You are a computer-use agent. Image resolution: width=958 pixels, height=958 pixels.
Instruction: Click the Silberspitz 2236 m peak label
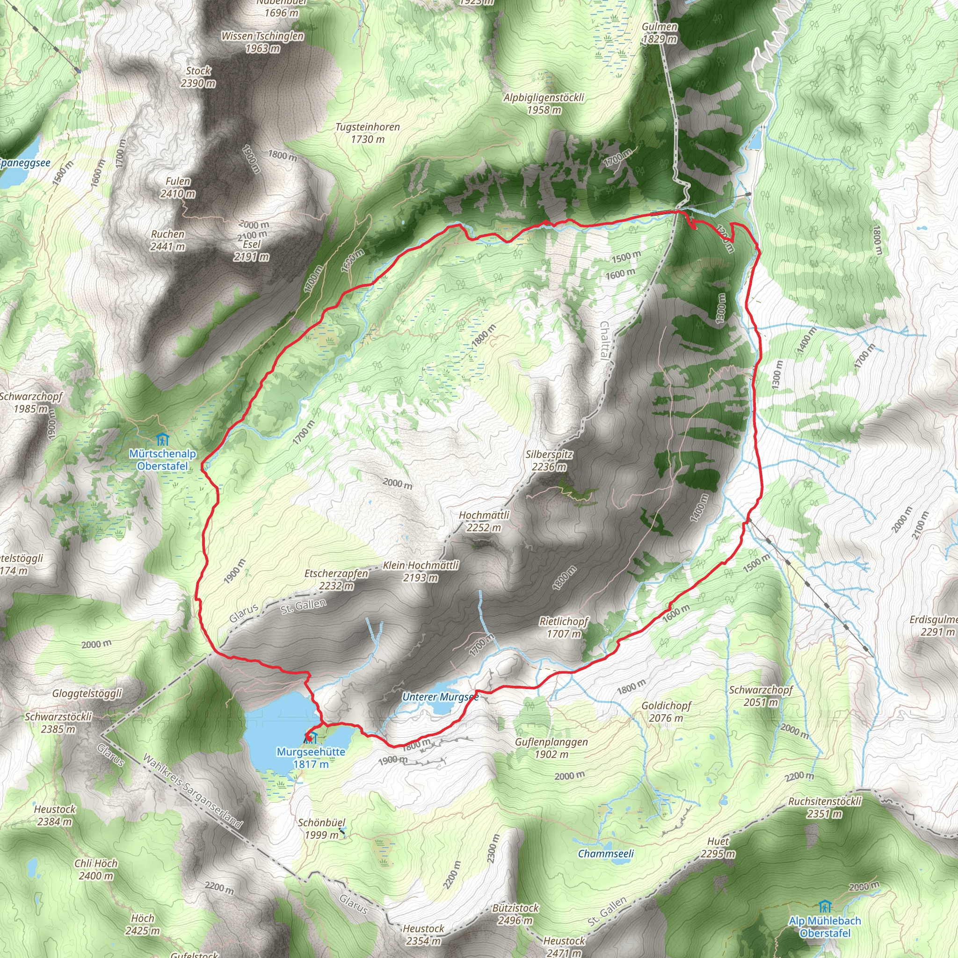pos(549,460)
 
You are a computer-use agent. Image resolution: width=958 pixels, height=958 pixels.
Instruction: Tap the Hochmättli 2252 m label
pos(484,521)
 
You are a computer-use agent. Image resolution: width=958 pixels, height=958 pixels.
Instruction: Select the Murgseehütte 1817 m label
pos(311,758)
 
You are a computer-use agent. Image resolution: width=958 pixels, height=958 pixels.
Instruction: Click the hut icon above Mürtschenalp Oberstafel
pos(162,439)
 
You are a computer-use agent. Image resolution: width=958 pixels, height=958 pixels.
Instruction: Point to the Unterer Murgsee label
pos(440,697)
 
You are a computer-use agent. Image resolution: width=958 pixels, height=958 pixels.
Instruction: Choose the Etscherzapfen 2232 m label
pos(336,579)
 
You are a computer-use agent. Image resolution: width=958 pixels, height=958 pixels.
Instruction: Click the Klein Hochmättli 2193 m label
pos(421,571)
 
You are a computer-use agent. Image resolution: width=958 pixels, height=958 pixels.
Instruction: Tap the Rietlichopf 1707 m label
pos(564,627)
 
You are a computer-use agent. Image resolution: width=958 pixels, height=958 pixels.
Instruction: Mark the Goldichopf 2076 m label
pos(666,711)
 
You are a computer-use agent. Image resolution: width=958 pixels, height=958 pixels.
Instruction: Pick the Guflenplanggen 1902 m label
pos(552,748)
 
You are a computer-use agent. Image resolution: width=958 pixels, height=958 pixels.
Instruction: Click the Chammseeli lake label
pos(606,853)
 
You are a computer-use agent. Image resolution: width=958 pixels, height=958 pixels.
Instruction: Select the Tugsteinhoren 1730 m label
pos(367,133)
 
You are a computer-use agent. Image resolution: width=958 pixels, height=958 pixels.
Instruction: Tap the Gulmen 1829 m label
pos(660,33)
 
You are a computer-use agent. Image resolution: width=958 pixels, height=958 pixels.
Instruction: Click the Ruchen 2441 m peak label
pos(167,240)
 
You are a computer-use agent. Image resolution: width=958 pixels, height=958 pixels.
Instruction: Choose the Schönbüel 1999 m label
pos(321,828)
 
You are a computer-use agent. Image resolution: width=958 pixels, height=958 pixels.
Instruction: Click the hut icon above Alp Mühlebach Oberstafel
pos(824,907)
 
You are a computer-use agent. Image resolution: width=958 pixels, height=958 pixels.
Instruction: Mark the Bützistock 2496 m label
pos(515,914)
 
